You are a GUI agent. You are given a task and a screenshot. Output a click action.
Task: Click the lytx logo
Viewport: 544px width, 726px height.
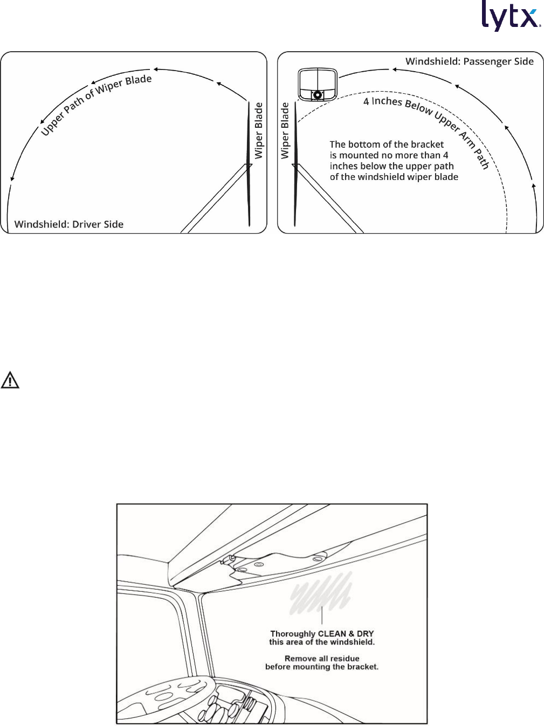511,16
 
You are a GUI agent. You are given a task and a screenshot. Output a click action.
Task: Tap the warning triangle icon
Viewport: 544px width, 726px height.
10,381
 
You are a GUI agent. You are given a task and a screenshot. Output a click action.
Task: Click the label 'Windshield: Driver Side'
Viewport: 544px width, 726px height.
69,224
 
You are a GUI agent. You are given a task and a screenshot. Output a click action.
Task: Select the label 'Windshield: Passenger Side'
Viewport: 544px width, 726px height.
469,61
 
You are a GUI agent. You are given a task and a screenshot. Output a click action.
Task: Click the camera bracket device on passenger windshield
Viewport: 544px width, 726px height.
318,84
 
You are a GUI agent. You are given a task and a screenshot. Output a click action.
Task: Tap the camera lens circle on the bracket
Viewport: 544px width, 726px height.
318,95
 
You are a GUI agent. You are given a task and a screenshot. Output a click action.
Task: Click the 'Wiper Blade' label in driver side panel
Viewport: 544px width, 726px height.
259,130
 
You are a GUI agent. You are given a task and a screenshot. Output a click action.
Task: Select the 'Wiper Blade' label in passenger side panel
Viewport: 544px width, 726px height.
285,130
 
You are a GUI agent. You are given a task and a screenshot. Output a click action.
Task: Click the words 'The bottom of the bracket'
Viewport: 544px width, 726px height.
387,144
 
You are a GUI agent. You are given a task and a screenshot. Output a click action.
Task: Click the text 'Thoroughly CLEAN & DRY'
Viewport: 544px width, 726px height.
322,634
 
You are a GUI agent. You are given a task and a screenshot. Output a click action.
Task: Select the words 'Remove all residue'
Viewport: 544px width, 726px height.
322,659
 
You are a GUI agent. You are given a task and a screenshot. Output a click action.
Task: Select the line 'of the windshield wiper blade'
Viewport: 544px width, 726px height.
394,177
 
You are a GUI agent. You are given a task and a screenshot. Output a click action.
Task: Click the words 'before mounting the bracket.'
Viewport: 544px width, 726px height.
322,667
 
